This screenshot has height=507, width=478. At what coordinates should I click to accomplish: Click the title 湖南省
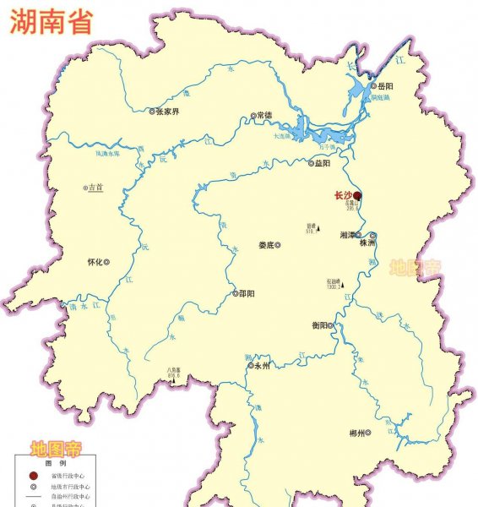tap(52, 23)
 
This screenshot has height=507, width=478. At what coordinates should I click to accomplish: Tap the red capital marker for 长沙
tap(357, 195)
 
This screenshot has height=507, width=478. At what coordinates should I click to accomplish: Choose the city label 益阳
tap(323, 164)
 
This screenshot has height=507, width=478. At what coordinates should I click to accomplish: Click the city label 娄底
tap(266, 245)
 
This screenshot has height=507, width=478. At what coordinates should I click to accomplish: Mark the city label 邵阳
tap(247, 293)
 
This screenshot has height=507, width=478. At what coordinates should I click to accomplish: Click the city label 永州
tap(262, 367)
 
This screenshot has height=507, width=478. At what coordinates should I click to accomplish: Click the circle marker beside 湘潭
tap(359, 235)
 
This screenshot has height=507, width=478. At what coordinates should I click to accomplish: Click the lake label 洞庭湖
tap(381, 98)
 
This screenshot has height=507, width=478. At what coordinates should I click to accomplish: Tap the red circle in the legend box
tap(33, 477)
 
